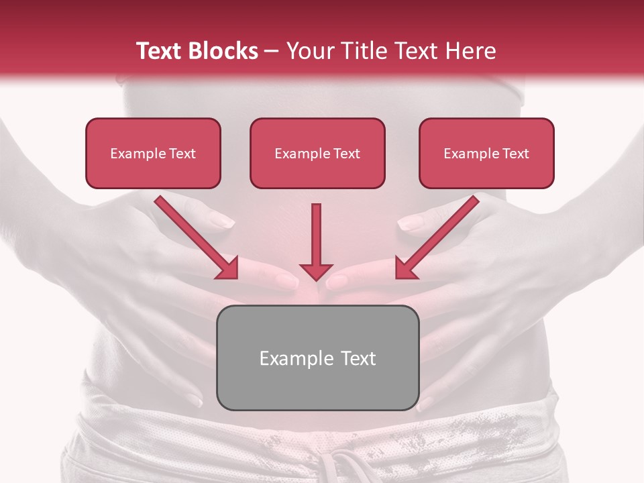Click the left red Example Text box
pyautogui.click(x=153, y=153)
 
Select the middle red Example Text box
pyautogui.click(x=317, y=153)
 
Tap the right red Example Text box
pyautogui.click(x=486, y=153)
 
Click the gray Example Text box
pyautogui.click(x=317, y=358)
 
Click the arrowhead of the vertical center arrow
pyautogui.click(x=316, y=271)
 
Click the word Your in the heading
pyautogui.click(x=308, y=51)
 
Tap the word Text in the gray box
pyautogui.click(x=359, y=358)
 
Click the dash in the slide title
pyautogui.click(x=272, y=52)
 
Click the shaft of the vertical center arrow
pyautogui.click(x=316, y=231)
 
